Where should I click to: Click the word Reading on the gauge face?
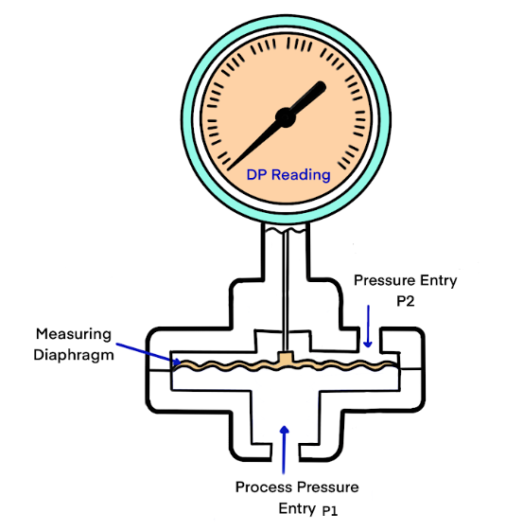301,175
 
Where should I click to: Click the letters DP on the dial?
257,175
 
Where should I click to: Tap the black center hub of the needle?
286,117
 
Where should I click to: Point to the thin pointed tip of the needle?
229,169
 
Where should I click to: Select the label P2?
406,301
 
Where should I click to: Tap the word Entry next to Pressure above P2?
439,281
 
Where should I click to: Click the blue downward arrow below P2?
368,327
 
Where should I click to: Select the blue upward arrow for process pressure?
285,450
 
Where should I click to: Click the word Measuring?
74,335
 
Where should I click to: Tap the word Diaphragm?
74,356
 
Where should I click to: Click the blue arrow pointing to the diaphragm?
148,355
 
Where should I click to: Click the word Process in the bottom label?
264,487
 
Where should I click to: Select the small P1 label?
329,511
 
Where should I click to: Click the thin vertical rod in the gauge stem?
286,292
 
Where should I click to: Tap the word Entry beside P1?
297,508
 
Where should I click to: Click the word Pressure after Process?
328,487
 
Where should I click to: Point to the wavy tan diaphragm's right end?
396,364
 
